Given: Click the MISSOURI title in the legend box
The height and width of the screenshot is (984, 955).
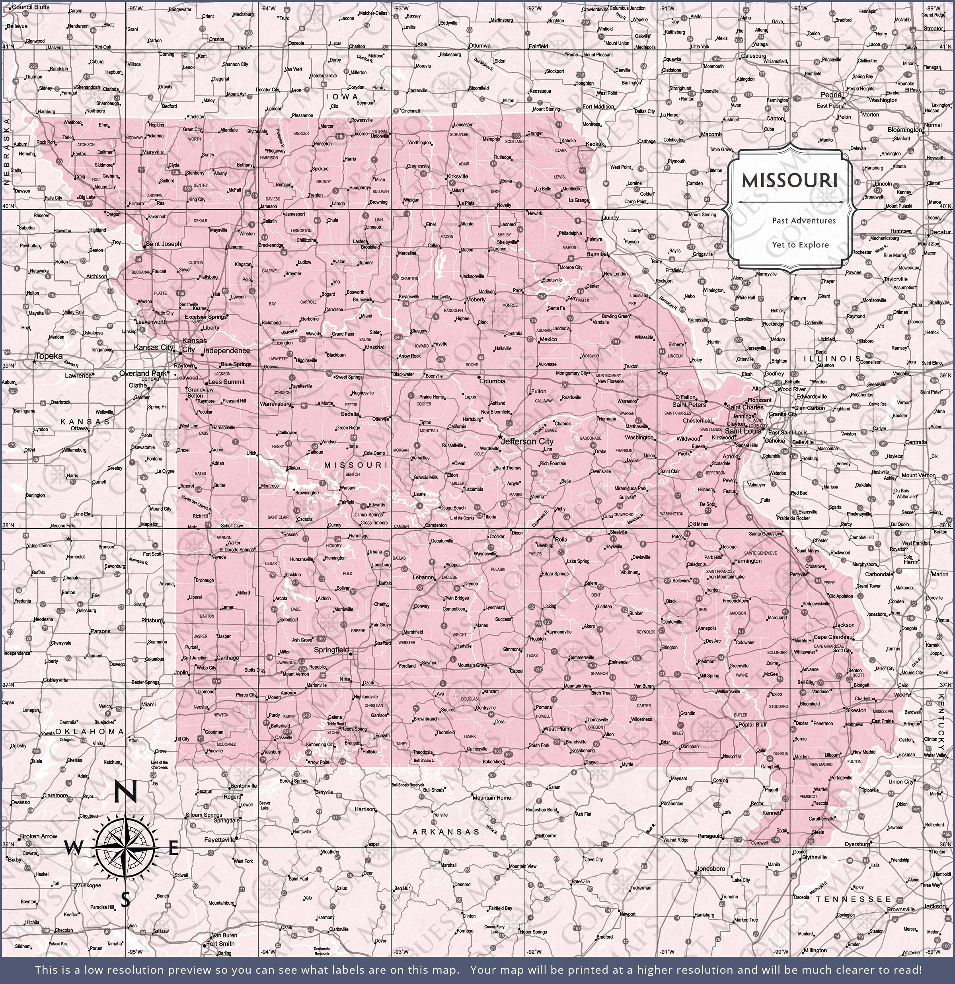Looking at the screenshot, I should [x=790, y=181].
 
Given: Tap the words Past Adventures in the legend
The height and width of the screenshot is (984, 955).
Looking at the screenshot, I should [x=804, y=220].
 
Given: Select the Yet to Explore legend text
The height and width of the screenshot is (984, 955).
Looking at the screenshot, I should [x=800, y=245].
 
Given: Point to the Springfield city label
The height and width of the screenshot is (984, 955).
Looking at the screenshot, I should [x=331, y=650].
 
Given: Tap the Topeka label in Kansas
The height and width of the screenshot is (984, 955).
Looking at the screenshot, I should [x=49, y=356].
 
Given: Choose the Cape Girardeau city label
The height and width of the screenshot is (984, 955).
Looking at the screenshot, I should [x=833, y=637].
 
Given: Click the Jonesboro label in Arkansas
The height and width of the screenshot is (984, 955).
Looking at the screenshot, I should [x=710, y=869].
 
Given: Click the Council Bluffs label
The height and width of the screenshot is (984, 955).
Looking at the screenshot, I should [x=31, y=7].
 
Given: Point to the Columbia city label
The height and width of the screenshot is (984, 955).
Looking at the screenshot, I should [x=492, y=381].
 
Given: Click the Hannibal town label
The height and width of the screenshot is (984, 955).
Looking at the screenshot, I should [x=597, y=254].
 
